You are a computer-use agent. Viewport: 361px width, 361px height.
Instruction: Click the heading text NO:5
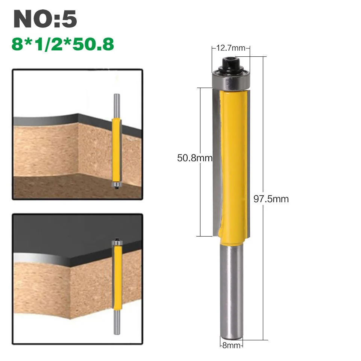click(x=45, y=19)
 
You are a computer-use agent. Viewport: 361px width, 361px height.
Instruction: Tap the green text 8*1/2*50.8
click(x=63, y=44)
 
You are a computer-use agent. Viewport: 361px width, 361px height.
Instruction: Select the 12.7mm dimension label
click(x=231, y=48)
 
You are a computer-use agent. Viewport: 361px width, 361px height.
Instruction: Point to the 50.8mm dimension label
click(x=195, y=158)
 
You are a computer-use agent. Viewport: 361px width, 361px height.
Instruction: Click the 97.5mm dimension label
click(x=271, y=199)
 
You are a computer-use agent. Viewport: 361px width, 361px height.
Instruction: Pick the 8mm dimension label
click(x=231, y=345)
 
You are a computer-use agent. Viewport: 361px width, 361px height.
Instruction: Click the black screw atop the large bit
click(x=231, y=65)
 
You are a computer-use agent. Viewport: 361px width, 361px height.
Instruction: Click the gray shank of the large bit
click(x=232, y=292)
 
